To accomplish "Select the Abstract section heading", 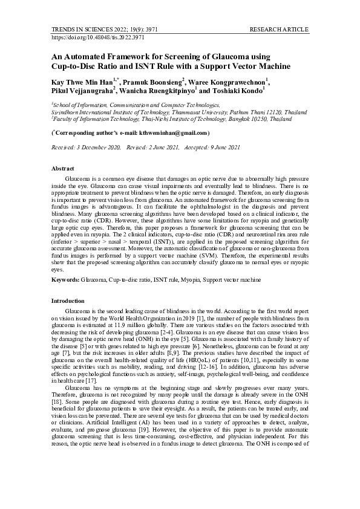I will (63, 168).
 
